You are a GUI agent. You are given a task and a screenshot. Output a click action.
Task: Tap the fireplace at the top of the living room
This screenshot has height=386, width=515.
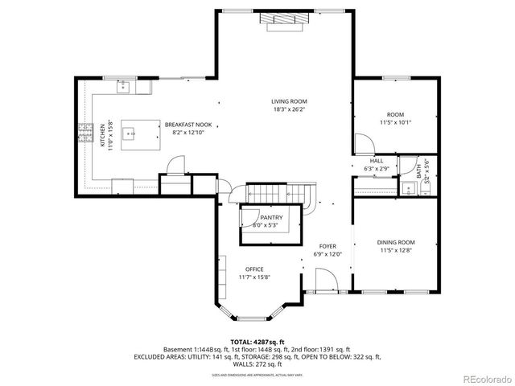tap(286, 23)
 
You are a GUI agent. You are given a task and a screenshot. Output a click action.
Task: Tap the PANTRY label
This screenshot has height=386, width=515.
tap(270, 217)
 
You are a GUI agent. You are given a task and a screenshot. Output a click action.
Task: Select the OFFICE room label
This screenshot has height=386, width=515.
tap(253, 269)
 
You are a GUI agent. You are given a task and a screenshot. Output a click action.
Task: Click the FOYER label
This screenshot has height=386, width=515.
tap(327, 246)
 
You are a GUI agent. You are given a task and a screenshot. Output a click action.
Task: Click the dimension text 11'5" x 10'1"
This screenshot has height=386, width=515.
tap(395, 122)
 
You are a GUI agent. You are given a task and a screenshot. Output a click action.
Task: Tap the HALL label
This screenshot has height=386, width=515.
tap(376, 161)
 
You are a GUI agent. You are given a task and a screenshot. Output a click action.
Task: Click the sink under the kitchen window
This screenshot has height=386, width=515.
tap(125, 84)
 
